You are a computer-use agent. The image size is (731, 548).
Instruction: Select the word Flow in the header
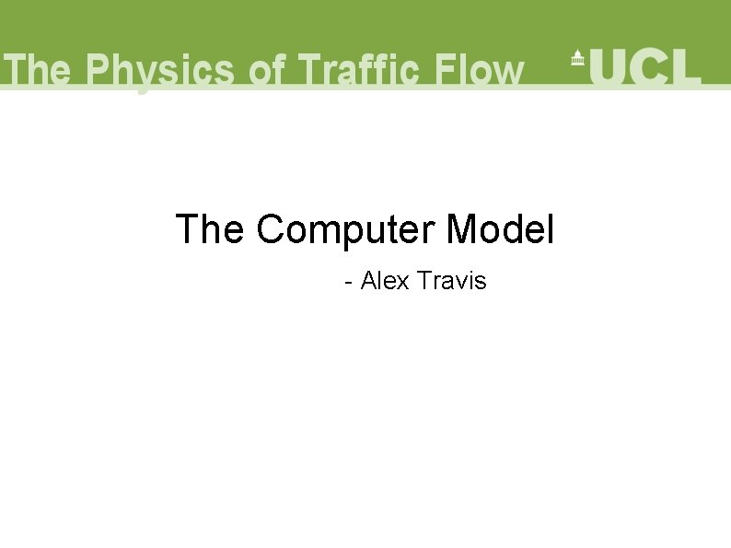click(479, 71)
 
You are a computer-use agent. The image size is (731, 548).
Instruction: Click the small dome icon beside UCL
click(577, 57)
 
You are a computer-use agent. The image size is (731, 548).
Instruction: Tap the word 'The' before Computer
click(210, 229)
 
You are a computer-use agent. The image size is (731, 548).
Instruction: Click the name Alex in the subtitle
click(385, 280)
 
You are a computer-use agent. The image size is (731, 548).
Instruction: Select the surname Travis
click(451, 280)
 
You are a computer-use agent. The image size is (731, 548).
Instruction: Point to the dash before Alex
click(348, 282)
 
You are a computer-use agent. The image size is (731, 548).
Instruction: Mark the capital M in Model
click(461, 229)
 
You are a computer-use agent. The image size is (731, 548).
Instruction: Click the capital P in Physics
click(99, 71)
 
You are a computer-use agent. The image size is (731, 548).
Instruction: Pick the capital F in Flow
click(447, 71)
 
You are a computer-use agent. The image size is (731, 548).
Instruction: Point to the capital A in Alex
click(368, 280)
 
